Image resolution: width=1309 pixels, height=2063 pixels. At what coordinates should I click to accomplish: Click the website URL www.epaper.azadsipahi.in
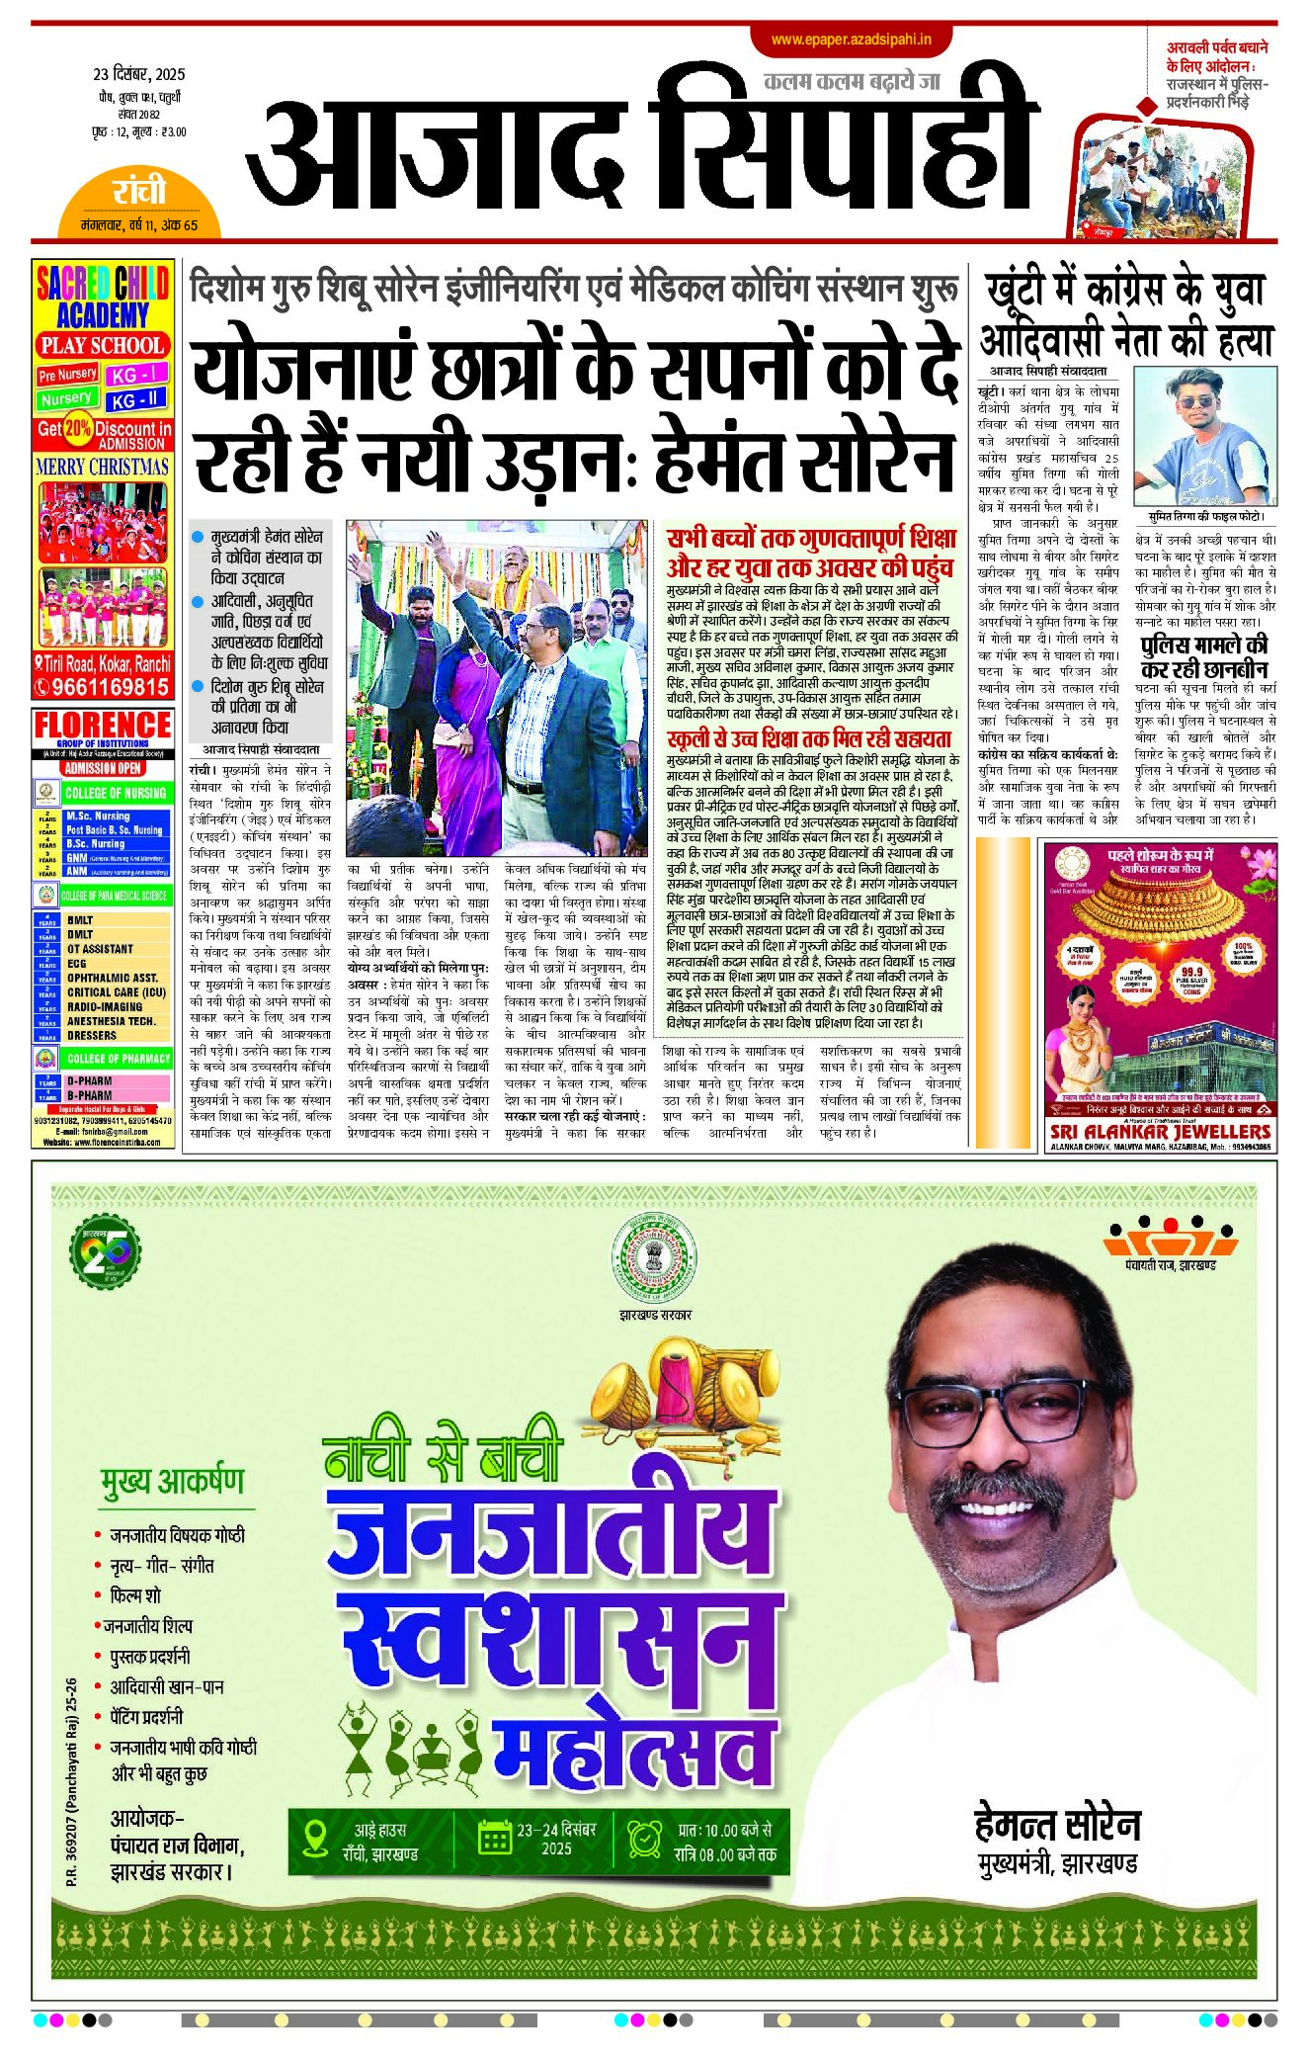click(852, 40)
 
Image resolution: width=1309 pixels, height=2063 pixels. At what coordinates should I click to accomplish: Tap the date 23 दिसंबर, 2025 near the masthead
click(139, 74)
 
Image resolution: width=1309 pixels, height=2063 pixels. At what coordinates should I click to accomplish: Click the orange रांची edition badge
click(138, 192)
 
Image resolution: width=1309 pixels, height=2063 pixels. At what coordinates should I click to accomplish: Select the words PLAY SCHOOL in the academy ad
click(103, 346)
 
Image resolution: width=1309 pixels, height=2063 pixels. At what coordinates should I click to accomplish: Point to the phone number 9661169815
click(110, 687)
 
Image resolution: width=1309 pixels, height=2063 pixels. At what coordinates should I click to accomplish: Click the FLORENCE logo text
click(103, 726)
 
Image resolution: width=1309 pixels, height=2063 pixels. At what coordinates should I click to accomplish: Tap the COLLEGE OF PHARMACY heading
click(118, 1059)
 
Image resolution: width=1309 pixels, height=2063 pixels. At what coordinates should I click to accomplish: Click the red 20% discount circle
click(77, 429)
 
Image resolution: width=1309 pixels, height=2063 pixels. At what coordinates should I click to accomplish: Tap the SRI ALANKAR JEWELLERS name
click(1160, 1131)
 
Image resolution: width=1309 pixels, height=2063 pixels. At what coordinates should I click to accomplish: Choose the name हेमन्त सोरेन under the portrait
click(1057, 1825)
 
